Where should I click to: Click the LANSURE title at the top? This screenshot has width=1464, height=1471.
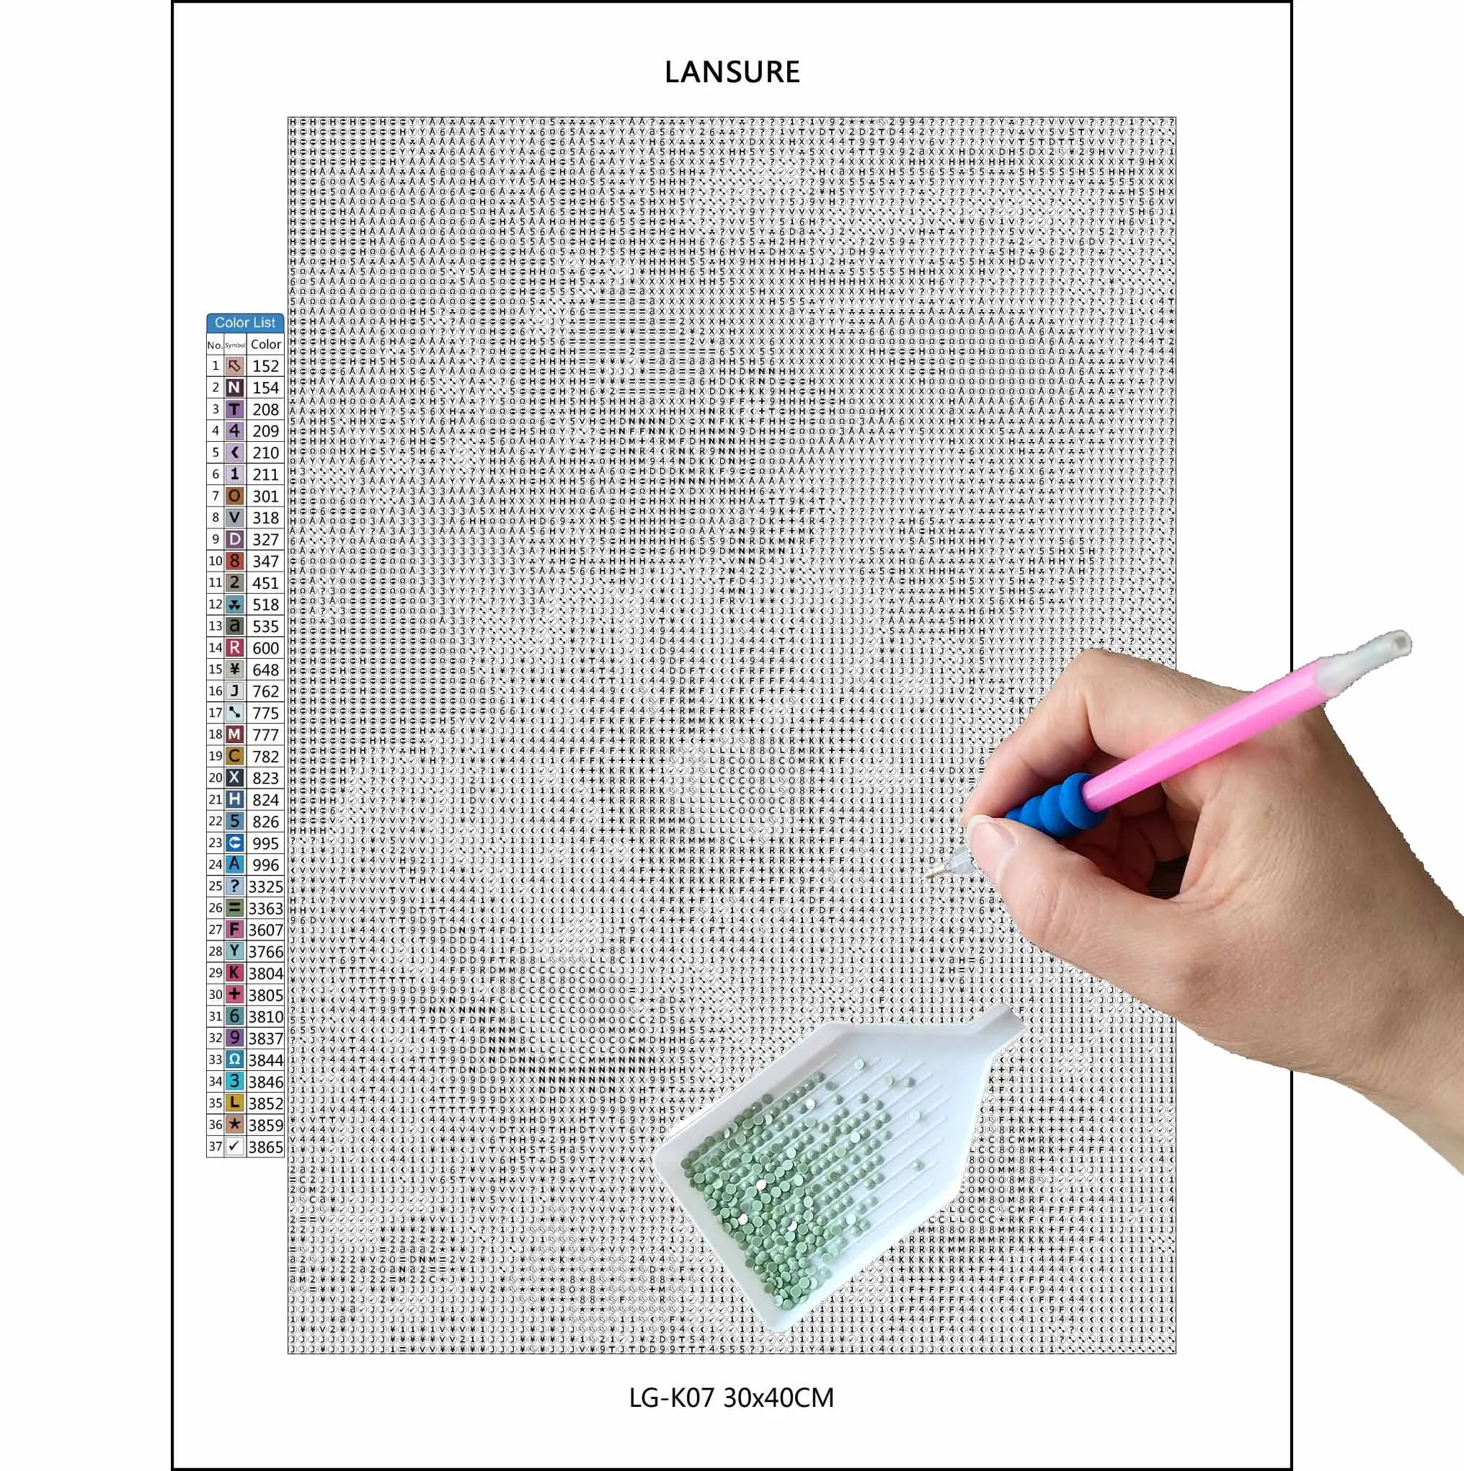tap(732, 72)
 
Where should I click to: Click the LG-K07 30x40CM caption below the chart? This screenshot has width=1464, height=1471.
tap(732, 1397)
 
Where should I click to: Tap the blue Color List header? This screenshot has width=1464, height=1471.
tap(244, 323)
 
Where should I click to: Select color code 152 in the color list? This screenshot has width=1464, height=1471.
tap(266, 366)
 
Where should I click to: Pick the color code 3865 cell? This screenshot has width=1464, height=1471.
tap(265, 1147)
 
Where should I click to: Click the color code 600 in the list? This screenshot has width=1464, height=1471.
tap(266, 648)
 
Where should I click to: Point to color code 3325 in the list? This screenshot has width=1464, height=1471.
tap(265, 886)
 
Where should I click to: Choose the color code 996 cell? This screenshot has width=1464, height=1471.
tap(266, 865)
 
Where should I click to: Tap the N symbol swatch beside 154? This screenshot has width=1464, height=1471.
tap(234, 388)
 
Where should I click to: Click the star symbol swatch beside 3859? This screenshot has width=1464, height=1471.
tap(234, 1124)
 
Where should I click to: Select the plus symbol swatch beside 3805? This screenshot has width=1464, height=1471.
tap(234, 995)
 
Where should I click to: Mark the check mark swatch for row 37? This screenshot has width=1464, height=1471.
tap(234, 1146)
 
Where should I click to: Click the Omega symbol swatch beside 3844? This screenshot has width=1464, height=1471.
tap(234, 1059)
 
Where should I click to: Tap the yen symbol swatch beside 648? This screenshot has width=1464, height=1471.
tap(234, 670)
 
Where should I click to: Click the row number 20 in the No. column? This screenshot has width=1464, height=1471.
tap(216, 778)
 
